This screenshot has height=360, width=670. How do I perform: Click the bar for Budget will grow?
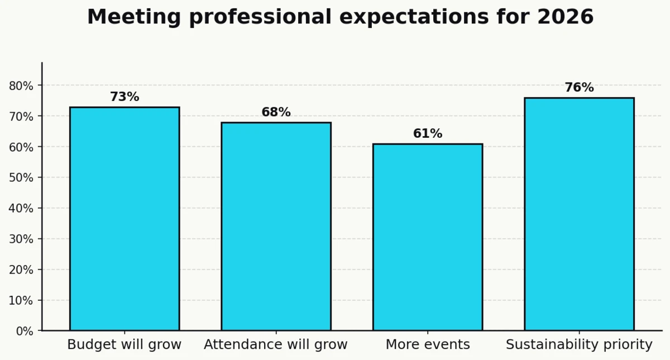click(125, 219)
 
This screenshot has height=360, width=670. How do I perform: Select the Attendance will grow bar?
click(276, 227)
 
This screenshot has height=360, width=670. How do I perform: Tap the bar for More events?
click(428, 237)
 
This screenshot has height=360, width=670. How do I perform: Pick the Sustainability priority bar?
click(579, 214)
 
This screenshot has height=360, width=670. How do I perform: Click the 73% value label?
click(125, 97)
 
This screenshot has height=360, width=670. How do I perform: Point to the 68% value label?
click(276, 112)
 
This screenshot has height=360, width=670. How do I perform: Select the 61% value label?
click(428, 134)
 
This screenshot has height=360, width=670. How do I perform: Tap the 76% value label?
click(579, 88)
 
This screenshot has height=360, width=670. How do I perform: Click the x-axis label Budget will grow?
click(125, 345)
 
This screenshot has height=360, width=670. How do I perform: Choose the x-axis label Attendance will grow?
click(276, 345)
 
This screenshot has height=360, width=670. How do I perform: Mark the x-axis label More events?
click(428, 345)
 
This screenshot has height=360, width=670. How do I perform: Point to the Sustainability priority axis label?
click(579, 345)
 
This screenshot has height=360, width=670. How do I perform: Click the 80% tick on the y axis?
click(21, 86)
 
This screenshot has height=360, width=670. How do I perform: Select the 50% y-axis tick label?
click(21, 178)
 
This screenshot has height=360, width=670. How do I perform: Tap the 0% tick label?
click(25, 331)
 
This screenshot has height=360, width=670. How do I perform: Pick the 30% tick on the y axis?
click(21, 239)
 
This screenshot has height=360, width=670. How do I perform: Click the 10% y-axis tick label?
click(21, 300)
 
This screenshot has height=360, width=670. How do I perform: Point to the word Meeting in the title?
click(134, 17)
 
